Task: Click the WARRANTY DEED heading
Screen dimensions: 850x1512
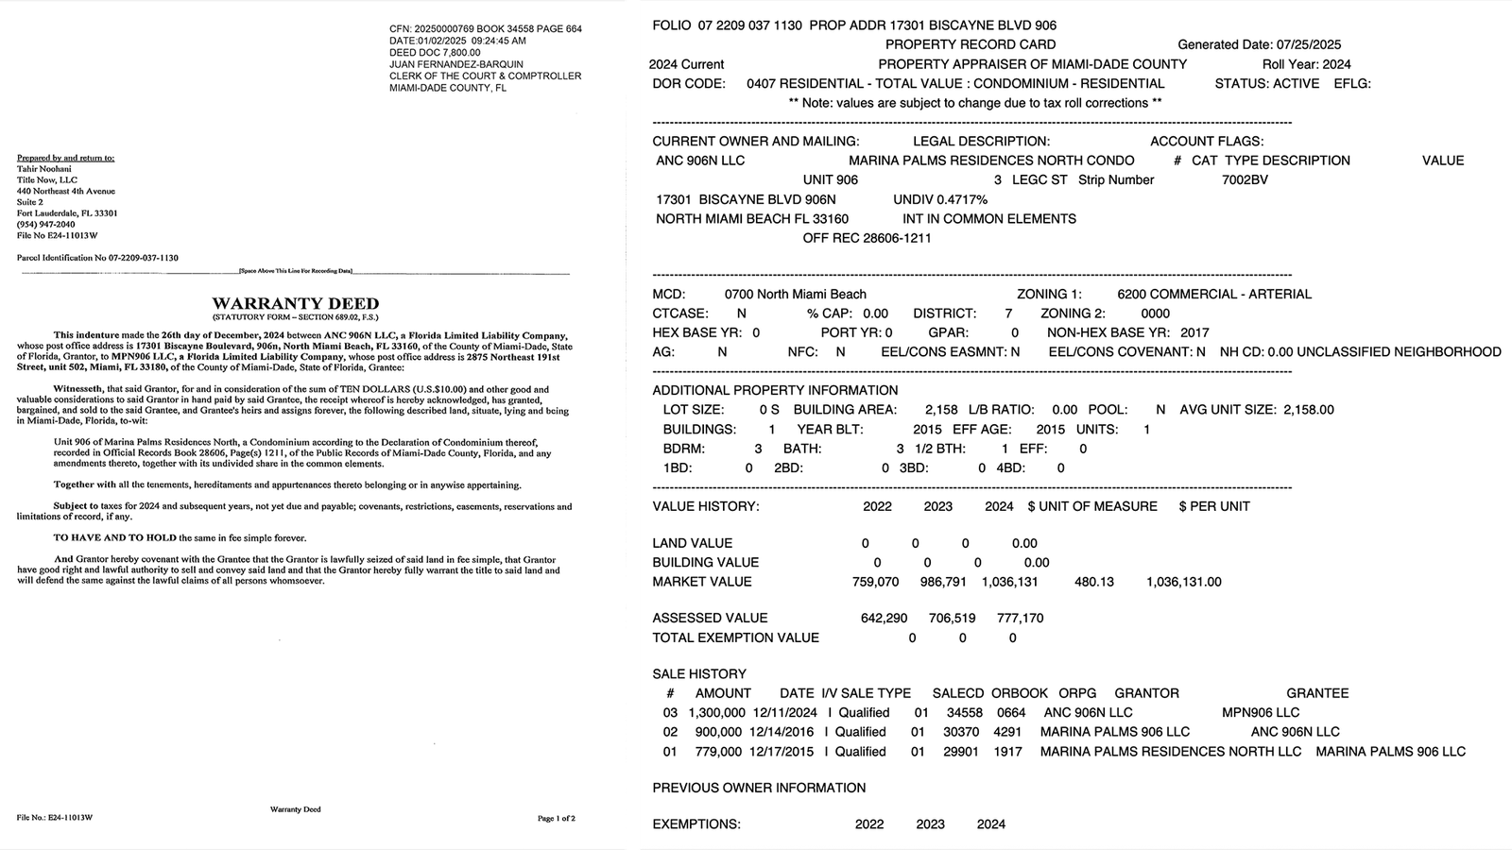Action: point(295,303)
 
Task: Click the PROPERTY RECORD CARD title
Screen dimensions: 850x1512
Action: point(971,44)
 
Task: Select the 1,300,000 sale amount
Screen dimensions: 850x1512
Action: point(717,712)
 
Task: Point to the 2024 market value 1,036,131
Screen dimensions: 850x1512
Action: point(1009,582)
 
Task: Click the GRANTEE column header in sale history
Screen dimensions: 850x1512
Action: point(1317,693)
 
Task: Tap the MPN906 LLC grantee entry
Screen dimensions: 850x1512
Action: point(1260,712)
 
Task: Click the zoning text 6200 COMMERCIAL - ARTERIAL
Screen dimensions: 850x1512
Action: point(1213,294)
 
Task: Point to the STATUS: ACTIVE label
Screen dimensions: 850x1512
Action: point(1266,83)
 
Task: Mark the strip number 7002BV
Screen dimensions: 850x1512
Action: point(1245,179)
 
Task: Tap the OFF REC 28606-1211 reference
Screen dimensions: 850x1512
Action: point(867,238)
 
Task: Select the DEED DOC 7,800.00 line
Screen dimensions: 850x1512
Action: point(435,53)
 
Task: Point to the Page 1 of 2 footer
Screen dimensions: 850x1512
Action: point(556,818)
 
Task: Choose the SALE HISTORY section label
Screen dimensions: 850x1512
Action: point(699,673)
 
